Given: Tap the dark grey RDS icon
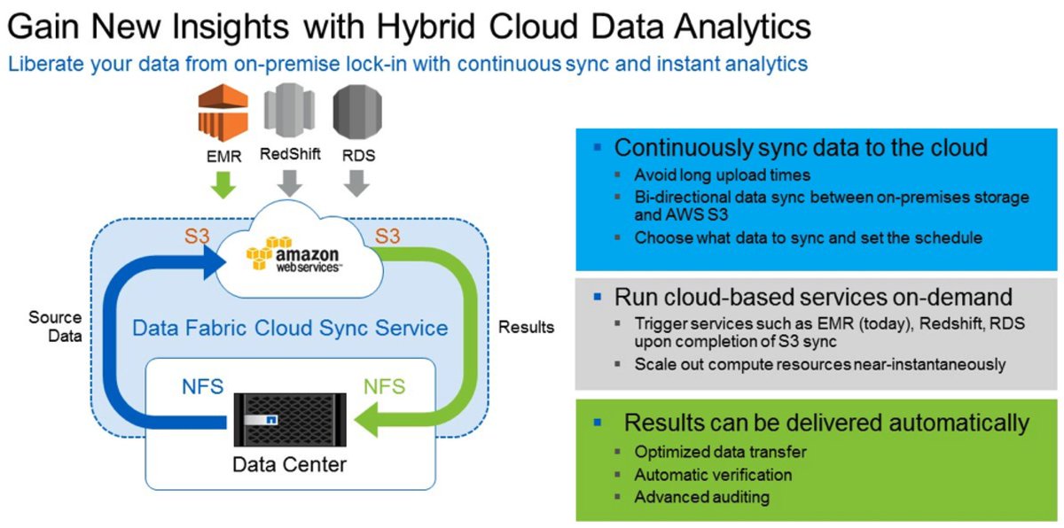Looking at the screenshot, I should [x=358, y=110].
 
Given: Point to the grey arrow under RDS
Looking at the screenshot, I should [x=357, y=183].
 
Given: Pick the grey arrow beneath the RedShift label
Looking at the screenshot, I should [x=289, y=183].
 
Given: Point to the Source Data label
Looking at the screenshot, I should [x=55, y=326].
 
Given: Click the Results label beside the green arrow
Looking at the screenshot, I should [x=526, y=327].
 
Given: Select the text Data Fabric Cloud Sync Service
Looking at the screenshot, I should [x=290, y=328].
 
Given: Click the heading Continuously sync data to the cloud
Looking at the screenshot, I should [x=801, y=147].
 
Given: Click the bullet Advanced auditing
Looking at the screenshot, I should [x=701, y=497].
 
